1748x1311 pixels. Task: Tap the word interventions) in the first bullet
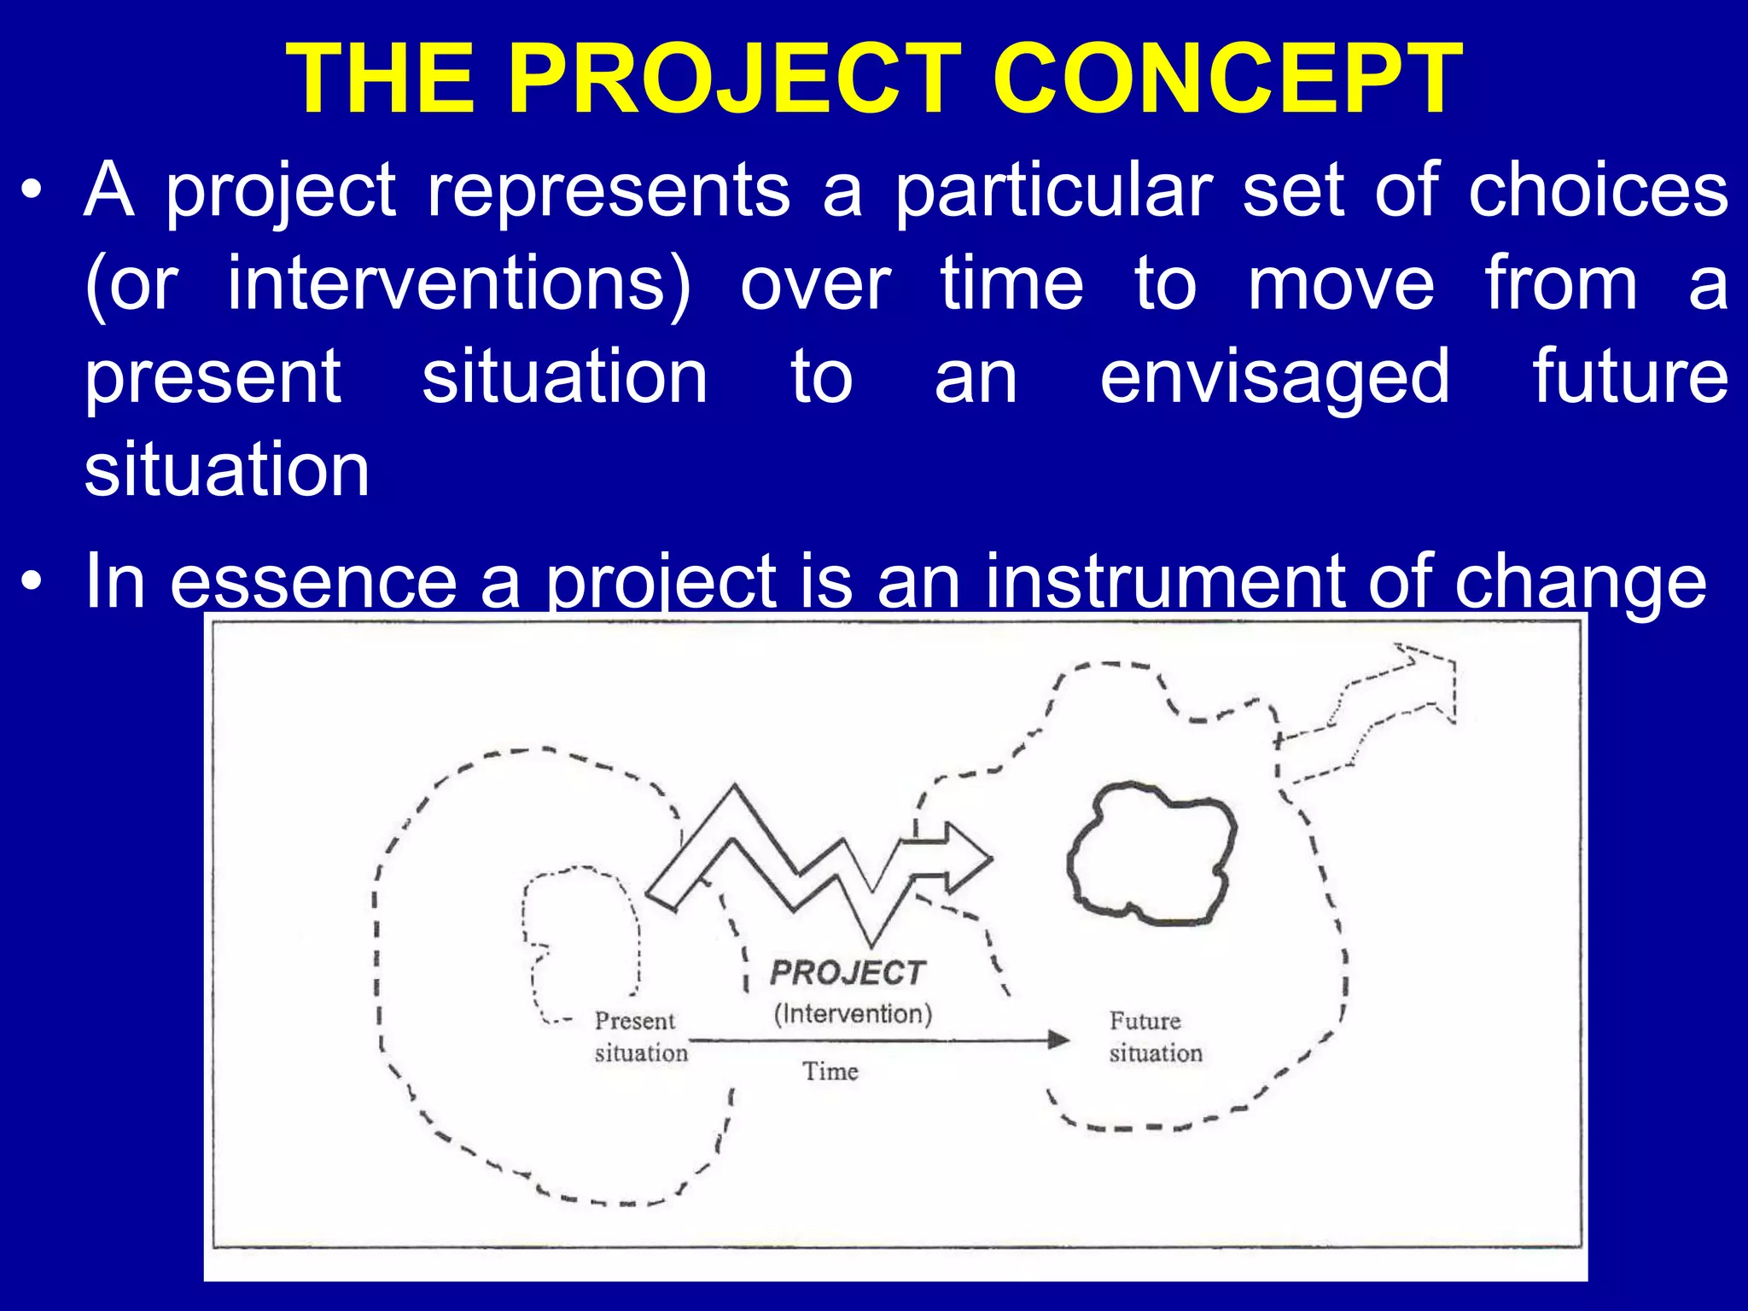coord(458,284)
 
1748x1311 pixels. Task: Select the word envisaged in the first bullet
coord(1274,377)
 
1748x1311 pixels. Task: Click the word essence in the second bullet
coord(313,582)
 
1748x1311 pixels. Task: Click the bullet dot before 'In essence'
coord(32,582)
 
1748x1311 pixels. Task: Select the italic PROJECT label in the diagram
coord(848,973)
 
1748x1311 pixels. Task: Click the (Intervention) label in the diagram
coord(853,1014)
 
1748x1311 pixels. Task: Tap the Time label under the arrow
coord(830,1071)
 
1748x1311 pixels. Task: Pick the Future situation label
coord(1154,1036)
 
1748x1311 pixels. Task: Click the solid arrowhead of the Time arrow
coord(1058,1039)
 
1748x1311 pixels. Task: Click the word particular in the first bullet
coord(1053,190)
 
